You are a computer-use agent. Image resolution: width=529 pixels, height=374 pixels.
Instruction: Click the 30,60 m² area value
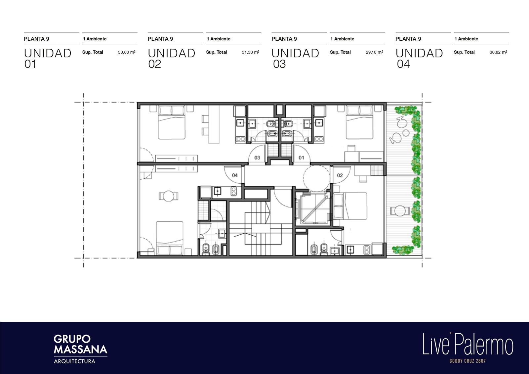click(127, 52)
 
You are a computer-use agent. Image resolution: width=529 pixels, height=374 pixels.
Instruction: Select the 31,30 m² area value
click(250, 52)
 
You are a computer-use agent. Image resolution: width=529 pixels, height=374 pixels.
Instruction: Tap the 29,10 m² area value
click(374, 52)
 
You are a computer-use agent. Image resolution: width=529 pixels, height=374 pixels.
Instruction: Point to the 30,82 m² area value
click(498, 52)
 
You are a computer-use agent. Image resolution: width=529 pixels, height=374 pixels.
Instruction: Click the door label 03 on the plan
click(257, 158)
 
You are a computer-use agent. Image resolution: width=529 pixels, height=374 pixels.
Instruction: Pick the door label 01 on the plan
click(301, 158)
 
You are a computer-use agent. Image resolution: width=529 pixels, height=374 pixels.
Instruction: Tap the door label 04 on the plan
click(235, 175)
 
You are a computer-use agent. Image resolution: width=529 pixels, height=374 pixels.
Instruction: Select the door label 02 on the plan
click(340, 175)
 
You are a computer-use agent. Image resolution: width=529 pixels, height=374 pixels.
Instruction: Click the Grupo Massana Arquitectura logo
click(81, 349)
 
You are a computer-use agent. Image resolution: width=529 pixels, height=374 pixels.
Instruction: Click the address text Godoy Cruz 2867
click(468, 361)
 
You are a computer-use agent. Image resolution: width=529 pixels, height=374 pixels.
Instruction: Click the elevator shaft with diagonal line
click(313, 208)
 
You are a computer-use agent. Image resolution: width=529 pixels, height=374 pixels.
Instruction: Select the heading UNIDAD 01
click(48, 58)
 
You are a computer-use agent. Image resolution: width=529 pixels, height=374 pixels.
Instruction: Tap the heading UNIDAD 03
click(295, 58)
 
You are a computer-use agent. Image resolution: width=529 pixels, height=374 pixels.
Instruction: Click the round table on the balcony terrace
click(400, 210)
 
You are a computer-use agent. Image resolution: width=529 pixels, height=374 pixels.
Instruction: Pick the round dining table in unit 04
click(168, 196)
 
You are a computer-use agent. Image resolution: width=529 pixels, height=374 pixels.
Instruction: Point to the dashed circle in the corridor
click(316, 178)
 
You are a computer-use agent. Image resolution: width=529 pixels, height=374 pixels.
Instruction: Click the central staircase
click(261, 228)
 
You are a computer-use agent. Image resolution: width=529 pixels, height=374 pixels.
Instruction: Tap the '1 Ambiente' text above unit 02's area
click(219, 39)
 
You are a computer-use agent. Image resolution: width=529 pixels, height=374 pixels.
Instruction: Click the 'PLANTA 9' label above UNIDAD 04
click(408, 39)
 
